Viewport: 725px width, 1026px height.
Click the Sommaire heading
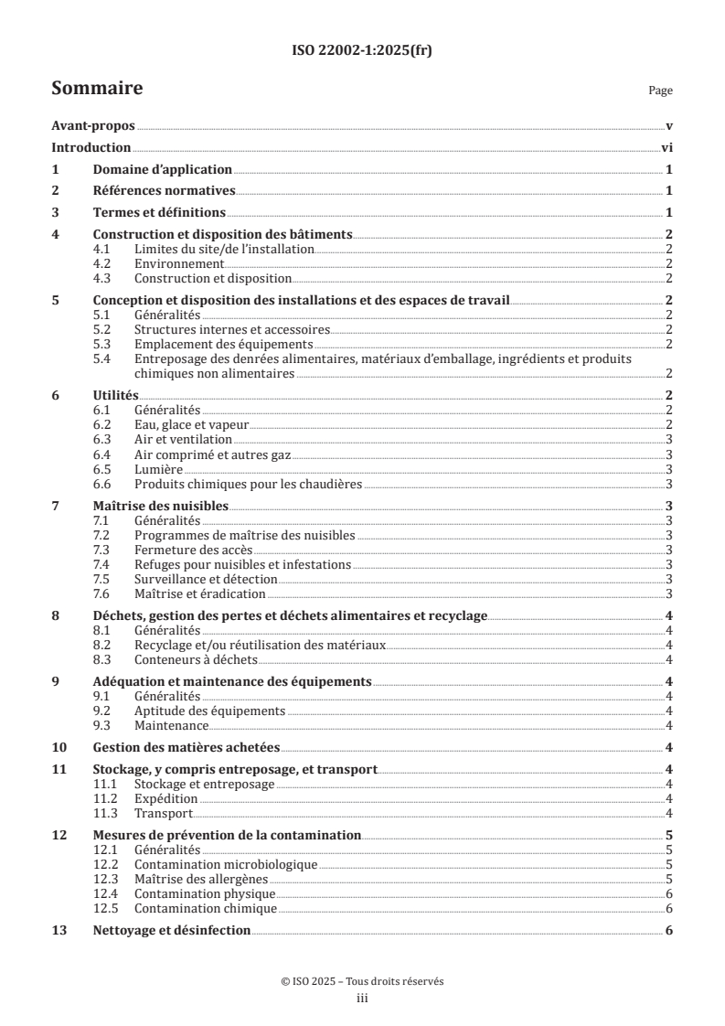[x=96, y=89]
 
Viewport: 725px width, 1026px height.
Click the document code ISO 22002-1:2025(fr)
[x=362, y=51]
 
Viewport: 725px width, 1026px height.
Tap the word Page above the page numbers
[x=660, y=91]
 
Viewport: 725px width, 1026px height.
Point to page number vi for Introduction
[x=667, y=147]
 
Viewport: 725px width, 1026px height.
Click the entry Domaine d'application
[x=163, y=169]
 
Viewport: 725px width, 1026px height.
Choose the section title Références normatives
[x=165, y=191]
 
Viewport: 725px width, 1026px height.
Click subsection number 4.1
[x=103, y=249]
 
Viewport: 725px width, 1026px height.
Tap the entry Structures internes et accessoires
[x=231, y=329]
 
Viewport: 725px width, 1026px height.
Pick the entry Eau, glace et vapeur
[x=191, y=424]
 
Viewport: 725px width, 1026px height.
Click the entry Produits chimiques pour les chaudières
[x=247, y=484]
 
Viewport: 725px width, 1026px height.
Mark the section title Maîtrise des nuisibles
[x=161, y=506]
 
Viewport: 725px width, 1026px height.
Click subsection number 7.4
[x=103, y=565]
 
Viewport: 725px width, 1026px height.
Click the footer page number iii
[x=362, y=999]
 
